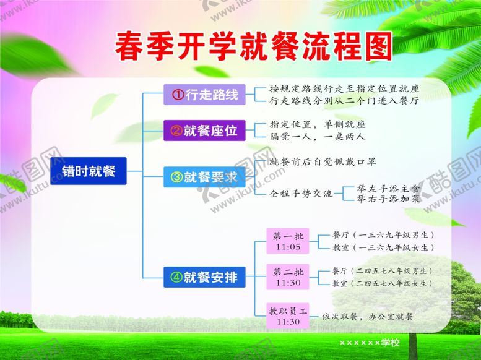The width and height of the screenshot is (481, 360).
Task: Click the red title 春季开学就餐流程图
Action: click(254, 47)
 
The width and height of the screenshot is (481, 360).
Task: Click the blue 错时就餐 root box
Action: click(89, 170)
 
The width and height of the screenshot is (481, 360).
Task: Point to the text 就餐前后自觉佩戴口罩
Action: click(322, 162)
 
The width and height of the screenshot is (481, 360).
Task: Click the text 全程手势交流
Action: click(301, 194)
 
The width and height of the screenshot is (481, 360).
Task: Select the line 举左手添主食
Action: click(388, 187)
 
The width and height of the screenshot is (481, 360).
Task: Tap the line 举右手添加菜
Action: click(388, 199)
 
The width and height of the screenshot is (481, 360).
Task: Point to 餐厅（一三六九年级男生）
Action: click(383, 235)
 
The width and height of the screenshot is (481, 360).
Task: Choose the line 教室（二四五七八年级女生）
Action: click(382, 283)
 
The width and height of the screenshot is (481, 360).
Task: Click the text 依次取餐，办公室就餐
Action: click(368, 316)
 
